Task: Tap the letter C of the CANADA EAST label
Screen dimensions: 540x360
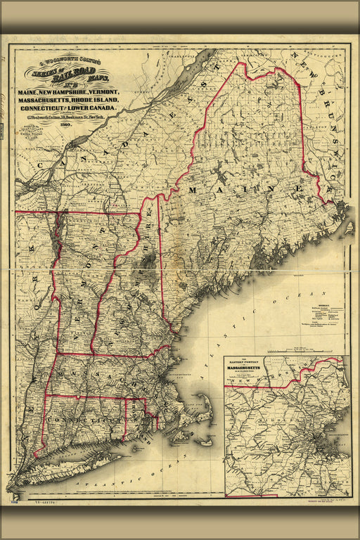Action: click(41, 167)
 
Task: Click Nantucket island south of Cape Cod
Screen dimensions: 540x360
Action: click(205, 442)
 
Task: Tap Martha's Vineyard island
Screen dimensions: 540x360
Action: click(181, 437)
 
